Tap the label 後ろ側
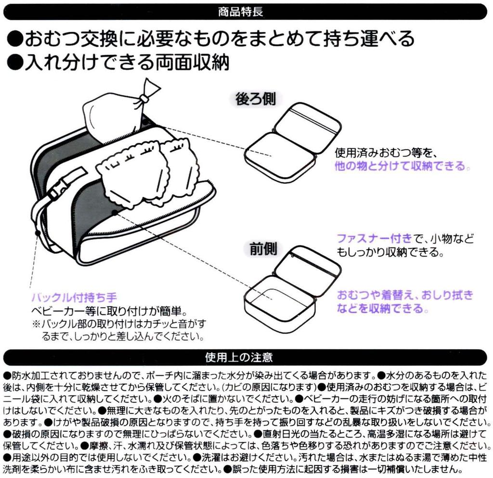click(x=256, y=99)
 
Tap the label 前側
click(x=263, y=249)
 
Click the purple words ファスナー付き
click(x=374, y=238)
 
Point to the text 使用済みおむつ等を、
click(x=386, y=153)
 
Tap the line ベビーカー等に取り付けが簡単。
click(x=108, y=310)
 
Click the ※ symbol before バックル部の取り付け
click(x=36, y=323)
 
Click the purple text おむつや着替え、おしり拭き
click(x=404, y=295)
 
